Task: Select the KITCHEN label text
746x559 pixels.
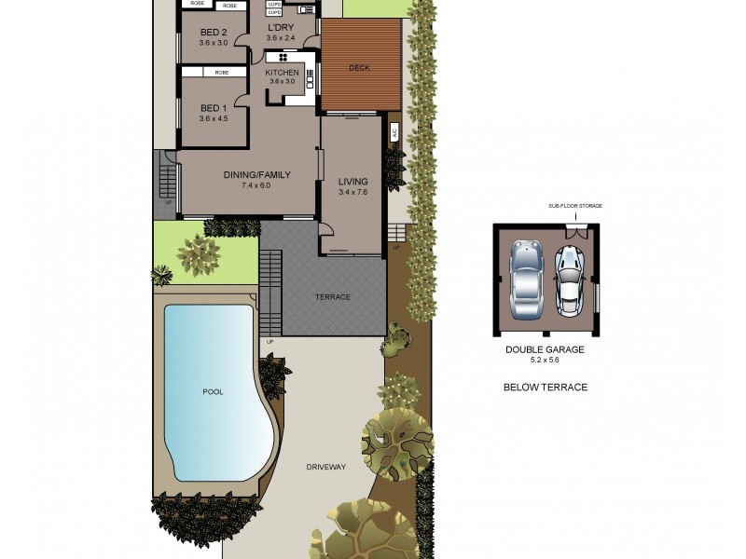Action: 282,73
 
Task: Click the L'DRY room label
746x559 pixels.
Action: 280,28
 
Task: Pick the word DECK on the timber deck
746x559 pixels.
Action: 359,68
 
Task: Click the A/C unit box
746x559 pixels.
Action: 394,131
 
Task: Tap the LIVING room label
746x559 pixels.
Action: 352,182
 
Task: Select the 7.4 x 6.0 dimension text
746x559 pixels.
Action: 256,185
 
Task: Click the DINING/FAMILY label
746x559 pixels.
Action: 256,174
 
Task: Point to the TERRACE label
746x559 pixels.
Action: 332,297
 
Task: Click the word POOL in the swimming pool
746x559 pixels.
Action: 214,392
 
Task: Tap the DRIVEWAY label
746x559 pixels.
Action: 326,467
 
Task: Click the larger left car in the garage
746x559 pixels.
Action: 527,278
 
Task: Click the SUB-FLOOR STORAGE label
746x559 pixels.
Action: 574,209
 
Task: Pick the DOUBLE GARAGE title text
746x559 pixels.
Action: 546,349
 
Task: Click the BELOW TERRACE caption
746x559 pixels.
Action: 546,388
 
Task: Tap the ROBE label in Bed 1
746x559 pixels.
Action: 222,72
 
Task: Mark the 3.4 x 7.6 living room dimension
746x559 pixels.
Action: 352,193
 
